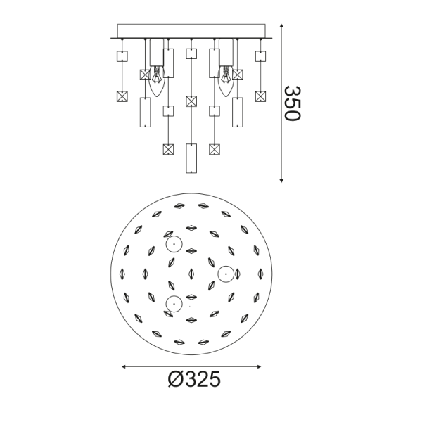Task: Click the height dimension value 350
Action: pos(291,103)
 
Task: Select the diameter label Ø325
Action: pos(195,380)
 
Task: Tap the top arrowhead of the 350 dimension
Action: pos(282,26)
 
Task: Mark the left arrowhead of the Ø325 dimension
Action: pos(125,366)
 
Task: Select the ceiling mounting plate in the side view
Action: pos(191,32)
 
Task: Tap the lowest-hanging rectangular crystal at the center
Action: pos(191,158)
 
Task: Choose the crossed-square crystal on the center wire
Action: pos(191,101)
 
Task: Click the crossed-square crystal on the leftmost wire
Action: pos(121,96)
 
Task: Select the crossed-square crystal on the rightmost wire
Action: pos(260,96)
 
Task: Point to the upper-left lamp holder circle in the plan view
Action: pos(173,245)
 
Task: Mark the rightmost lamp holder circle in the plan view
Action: pos(225,273)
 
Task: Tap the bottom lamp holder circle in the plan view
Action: pos(173,303)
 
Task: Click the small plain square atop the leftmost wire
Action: pos(121,55)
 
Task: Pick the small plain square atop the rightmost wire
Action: pos(260,55)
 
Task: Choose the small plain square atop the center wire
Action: pos(191,53)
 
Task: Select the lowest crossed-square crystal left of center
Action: pos(168,149)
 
